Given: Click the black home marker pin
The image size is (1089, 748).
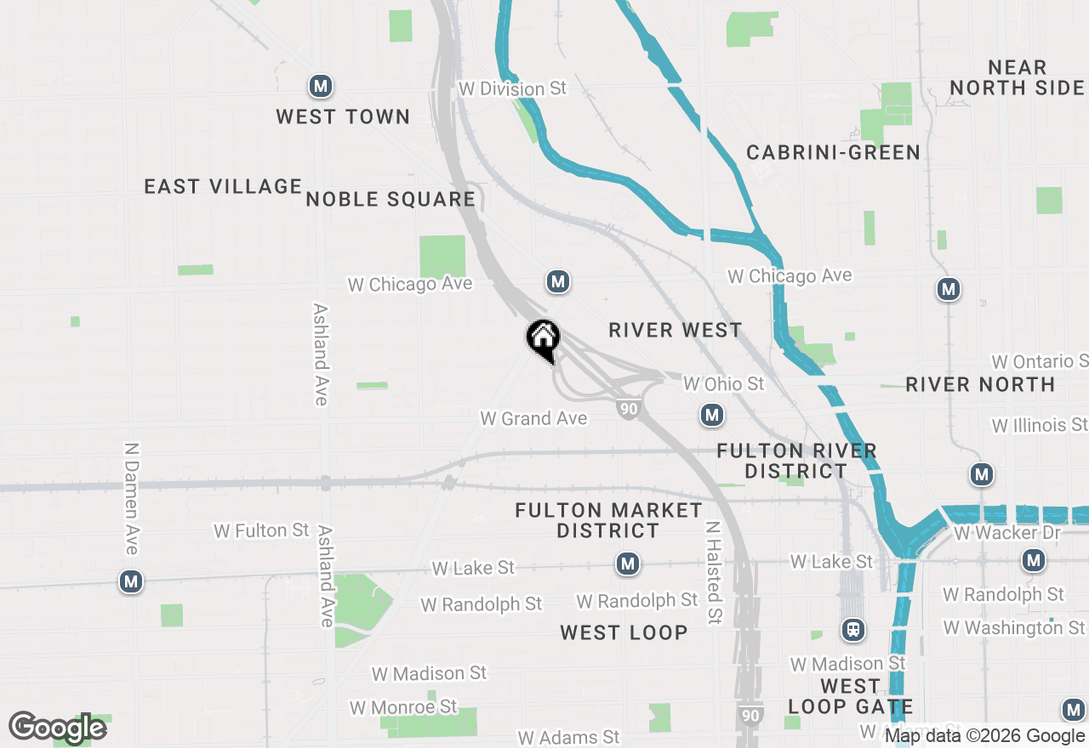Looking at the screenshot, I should (x=543, y=340).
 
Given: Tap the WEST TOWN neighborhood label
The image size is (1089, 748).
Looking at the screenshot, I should (x=343, y=116).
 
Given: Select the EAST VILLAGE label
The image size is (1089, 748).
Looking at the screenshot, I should (x=223, y=186).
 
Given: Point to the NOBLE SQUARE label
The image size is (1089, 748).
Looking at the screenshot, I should (x=391, y=199).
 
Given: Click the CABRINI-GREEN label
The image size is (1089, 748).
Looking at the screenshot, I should (x=833, y=152).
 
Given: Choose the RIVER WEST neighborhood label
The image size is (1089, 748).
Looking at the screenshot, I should (x=676, y=330).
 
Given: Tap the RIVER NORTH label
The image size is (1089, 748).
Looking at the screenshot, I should (x=980, y=384).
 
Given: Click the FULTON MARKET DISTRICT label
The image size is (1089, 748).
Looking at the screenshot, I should (x=608, y=520).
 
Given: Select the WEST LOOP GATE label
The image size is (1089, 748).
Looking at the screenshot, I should (x=850, y=696).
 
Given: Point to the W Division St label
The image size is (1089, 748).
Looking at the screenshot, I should (x=512, y=88).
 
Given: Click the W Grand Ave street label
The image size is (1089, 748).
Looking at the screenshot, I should (x=533, y=418).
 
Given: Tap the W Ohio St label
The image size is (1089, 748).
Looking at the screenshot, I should (x=724, y=383).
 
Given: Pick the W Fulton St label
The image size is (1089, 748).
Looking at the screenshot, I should (x=261, y=530).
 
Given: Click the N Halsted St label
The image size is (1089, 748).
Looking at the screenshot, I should (x=713, y=573).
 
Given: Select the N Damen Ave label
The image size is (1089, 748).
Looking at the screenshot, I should (x=131, y=498).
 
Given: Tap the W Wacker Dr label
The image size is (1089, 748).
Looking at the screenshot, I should (x=996, y=533).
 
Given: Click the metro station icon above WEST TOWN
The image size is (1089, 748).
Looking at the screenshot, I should (x=320, y=86).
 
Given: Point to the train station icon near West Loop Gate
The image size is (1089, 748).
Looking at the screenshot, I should (x=853, y=630).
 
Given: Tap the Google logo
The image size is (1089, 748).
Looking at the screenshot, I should (x=57, y=728).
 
